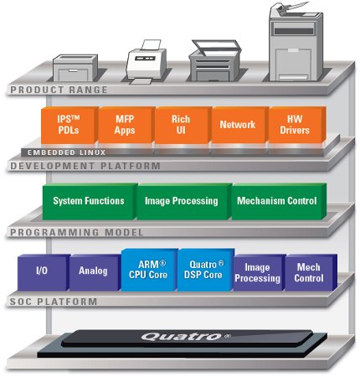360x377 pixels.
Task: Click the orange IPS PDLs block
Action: (x=69, y=125)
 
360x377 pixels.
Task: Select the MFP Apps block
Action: (x=126, y=125)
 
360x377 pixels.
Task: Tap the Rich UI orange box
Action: (x=183, y=125)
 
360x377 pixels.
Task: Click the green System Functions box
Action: (x=90, y=201)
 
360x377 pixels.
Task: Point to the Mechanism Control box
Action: (x=279, y=201)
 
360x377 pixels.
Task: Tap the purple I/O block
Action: (x=44, y=272)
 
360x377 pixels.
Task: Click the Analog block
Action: (x=95, y=272)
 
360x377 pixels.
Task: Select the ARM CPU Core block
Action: (x=149, y=270)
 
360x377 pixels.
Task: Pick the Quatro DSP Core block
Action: (x=205, y=270)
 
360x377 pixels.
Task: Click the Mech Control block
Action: (x=311, y=272)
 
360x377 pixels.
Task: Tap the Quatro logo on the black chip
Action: (x=186, y=336)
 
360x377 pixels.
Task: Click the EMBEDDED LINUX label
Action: (x=66, y=152)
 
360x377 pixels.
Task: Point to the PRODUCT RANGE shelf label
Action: (x=59, y=90)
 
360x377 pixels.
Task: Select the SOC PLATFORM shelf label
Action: (x=54, y=302)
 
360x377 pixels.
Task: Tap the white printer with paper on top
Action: (x=145, y=62)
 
